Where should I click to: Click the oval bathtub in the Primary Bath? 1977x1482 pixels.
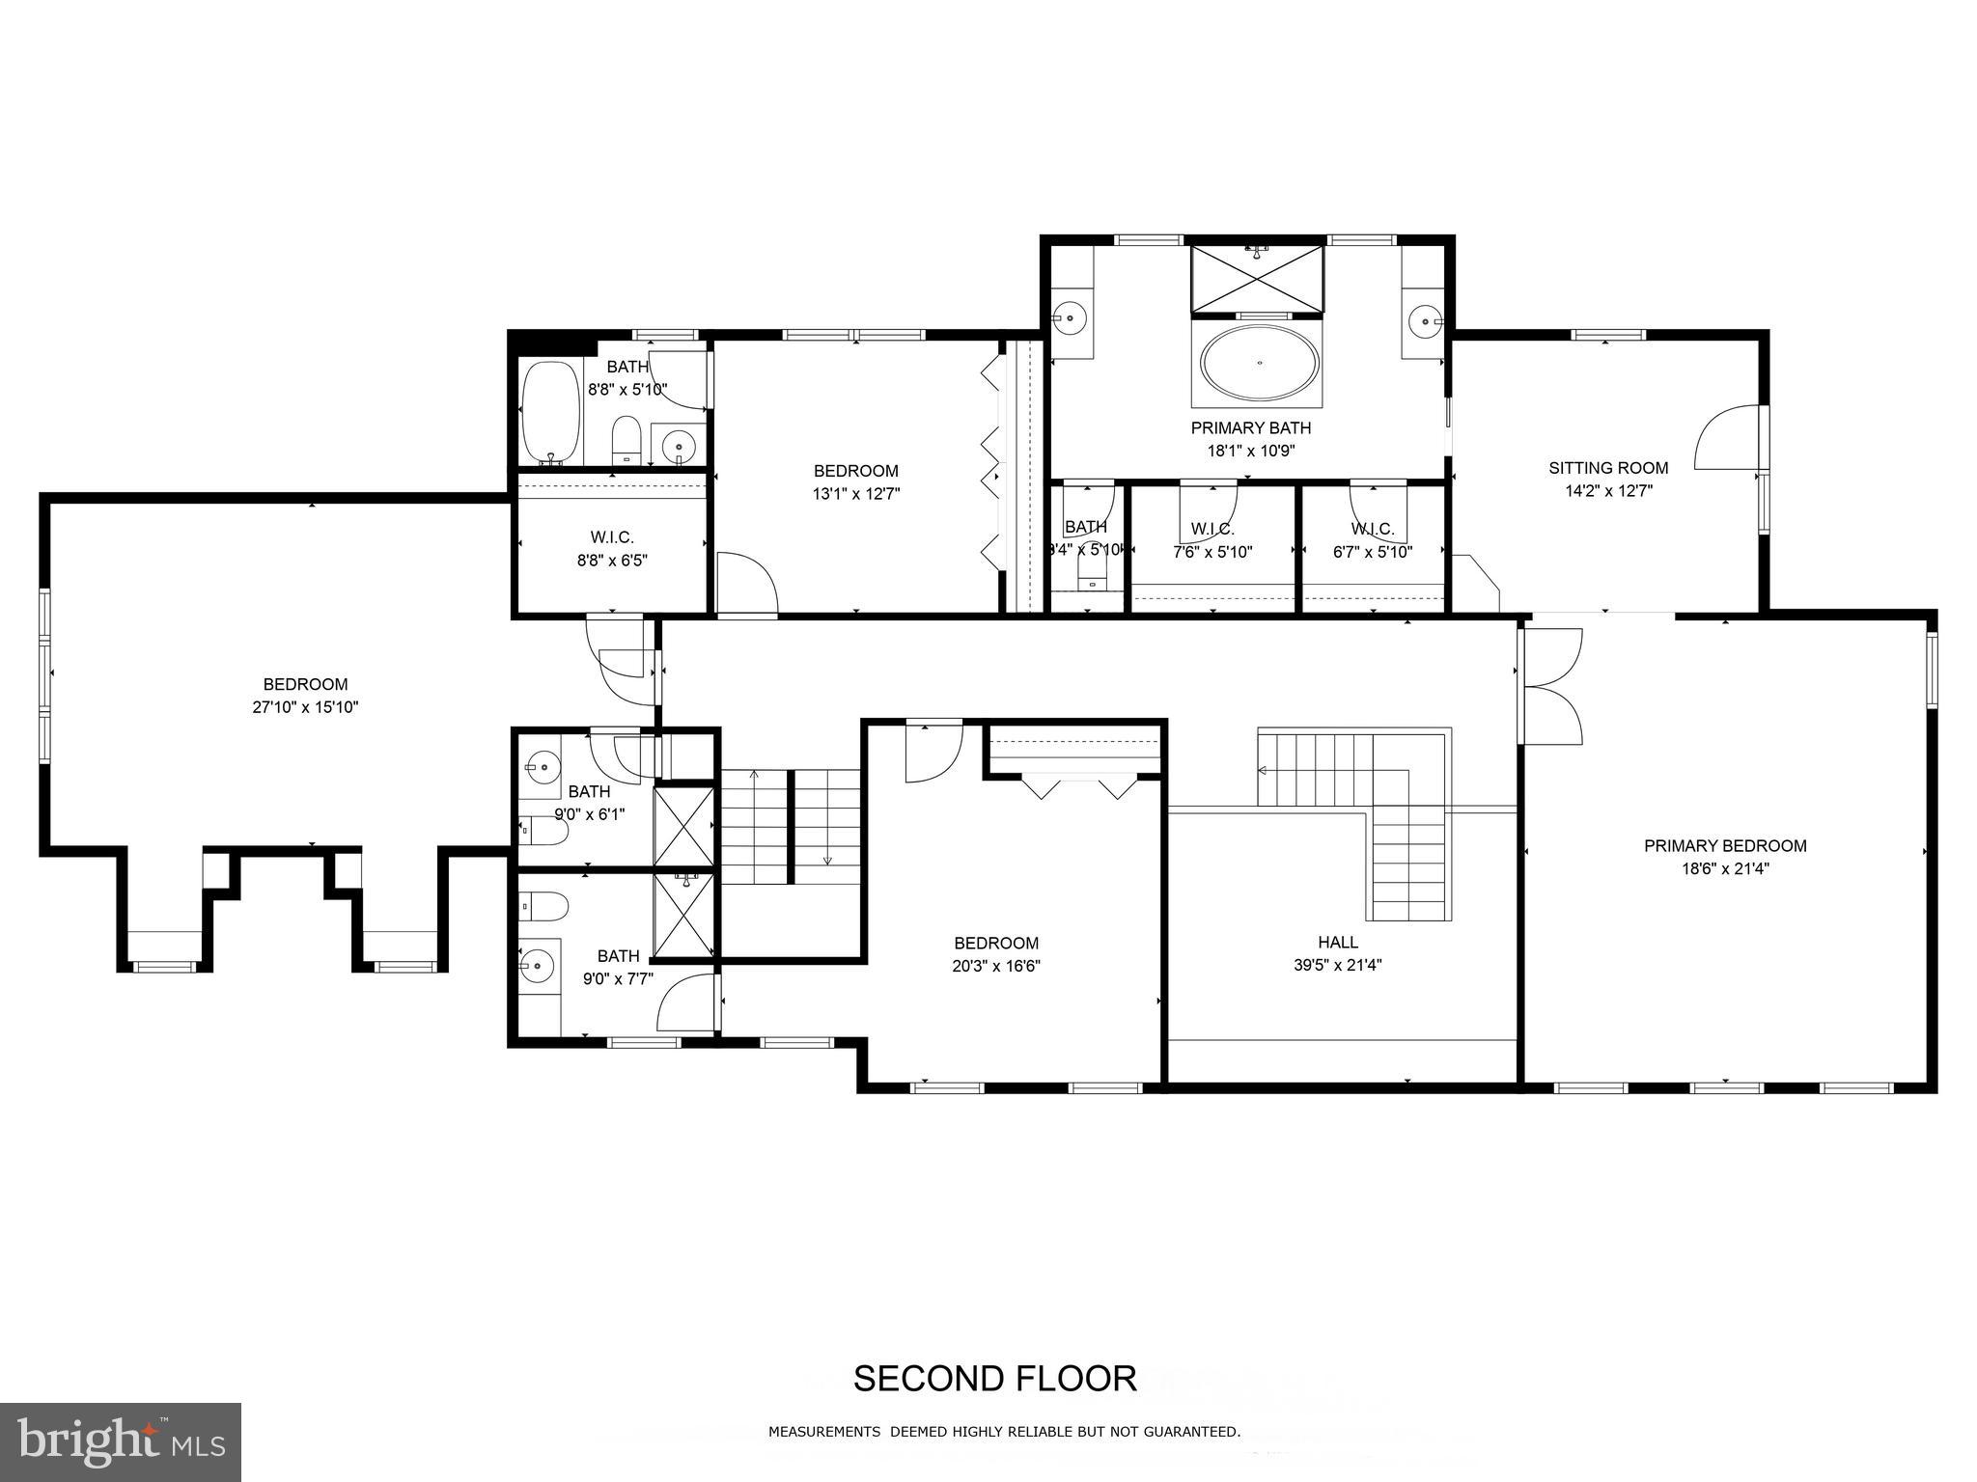click(1260, 363)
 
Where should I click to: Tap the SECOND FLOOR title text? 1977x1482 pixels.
click(994, 1379)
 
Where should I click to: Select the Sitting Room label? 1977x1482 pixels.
click(1608, 468)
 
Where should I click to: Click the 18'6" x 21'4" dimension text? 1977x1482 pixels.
click(1725, 868)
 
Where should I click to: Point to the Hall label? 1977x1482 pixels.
click(1338, 942)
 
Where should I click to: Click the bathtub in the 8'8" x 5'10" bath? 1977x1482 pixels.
click(550, 413)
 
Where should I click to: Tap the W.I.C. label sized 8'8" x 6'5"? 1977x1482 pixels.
click(612, 537)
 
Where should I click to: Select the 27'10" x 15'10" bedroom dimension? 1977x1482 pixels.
click(305, 707)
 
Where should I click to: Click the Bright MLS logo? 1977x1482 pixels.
click(120, 1441)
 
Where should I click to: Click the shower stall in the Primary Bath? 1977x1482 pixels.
click(1257, 279)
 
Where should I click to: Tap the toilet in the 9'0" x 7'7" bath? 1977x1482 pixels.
click(543, 907)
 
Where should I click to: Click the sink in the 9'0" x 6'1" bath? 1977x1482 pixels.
click(543, 768)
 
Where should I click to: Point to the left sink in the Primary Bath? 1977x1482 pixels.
click(1069, 316)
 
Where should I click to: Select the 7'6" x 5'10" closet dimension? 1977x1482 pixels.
click(1212, 552)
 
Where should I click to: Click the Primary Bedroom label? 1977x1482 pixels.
click(1725, 846)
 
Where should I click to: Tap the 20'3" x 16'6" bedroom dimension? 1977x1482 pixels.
click(996, 965)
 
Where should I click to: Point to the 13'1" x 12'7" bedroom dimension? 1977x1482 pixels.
click(856, 494)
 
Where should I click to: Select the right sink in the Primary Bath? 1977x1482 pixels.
click(1423, 319)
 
